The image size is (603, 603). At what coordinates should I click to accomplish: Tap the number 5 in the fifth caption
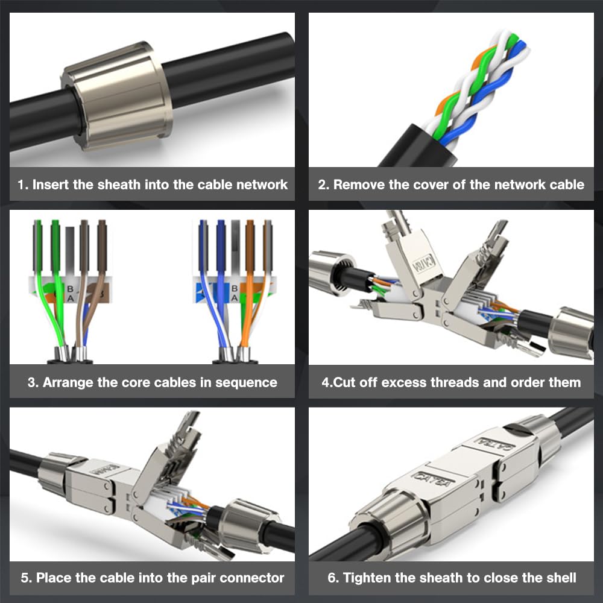tap(25, 578)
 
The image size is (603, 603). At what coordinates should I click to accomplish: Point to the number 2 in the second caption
tap(322, 185)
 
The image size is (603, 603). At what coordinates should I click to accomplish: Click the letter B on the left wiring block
tap(70, 289)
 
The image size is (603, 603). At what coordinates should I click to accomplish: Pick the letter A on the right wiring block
tap(234, 298)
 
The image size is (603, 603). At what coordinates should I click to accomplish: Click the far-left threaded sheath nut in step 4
tap(332, 273)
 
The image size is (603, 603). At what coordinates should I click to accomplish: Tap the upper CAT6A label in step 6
tap(494, 443)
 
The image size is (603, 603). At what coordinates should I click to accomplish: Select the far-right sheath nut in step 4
tap(571, 333)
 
